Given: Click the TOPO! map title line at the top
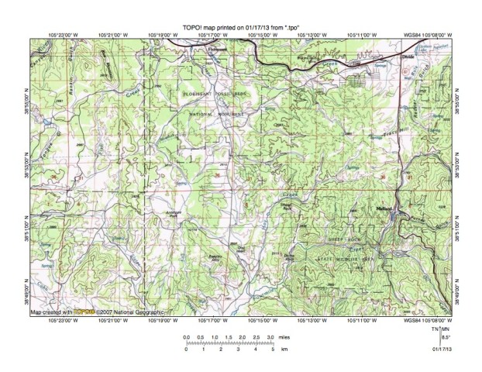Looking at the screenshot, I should (x=240, y=26).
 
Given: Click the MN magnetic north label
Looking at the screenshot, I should (x=445, y=330).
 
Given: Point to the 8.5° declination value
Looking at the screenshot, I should (x=443, y=338).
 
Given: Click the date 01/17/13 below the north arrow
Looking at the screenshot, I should (x=442, y=350).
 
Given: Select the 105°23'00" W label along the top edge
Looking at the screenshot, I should (x=60, y=35).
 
